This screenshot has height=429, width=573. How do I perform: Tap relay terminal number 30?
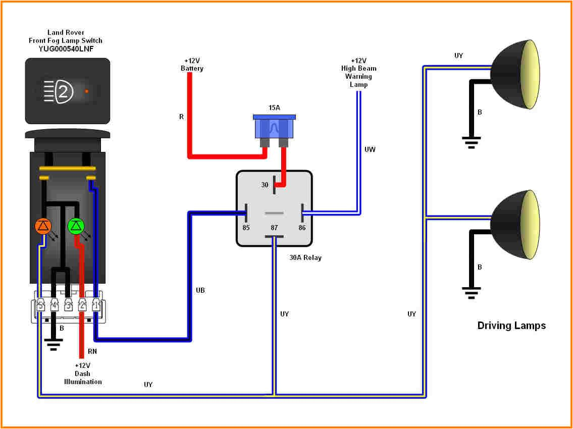pos(265,185)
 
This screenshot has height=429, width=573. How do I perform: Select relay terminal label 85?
pos(246,228)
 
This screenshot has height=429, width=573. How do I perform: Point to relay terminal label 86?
pos(302,228)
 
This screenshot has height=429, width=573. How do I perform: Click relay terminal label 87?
pos(274,228)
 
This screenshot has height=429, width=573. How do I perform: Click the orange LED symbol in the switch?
pos(43,227)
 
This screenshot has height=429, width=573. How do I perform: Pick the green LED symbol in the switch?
pos(76,227)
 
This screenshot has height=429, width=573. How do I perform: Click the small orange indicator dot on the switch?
pos(87,91)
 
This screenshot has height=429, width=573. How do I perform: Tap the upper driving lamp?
pos(515,74)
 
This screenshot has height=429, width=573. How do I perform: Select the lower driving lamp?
pos(515,224)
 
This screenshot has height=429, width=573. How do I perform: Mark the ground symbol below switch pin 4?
pos(54,345)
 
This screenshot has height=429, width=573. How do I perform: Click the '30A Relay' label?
pos(305,257)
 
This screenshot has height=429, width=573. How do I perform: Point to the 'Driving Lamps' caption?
pos(511,326)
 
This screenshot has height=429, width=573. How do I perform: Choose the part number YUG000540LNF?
pos(66,48)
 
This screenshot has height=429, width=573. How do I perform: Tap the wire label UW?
pos(370,149)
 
